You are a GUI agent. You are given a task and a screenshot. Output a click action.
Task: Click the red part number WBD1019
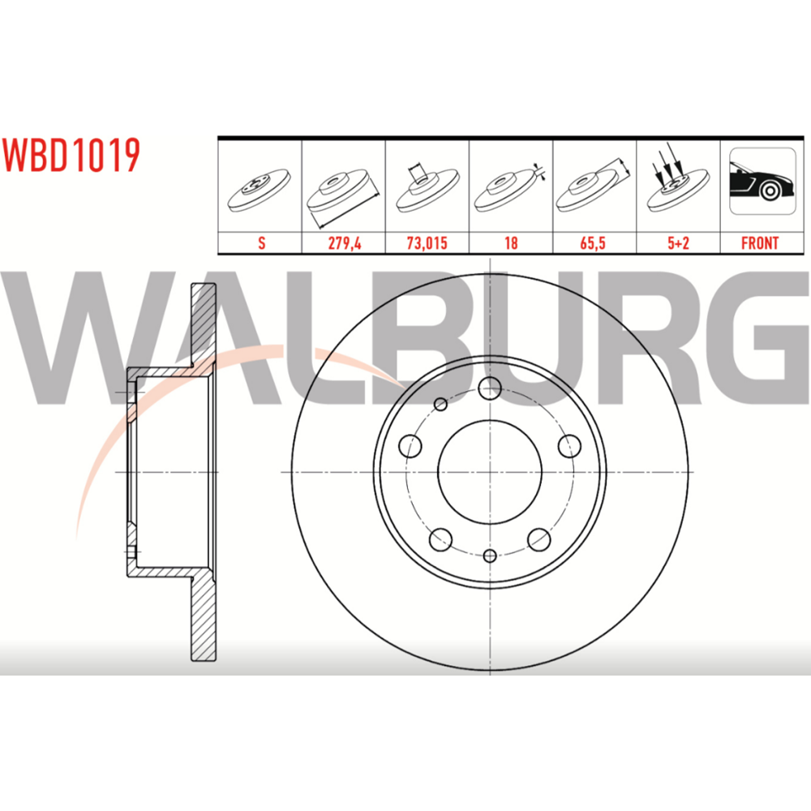point(71,155)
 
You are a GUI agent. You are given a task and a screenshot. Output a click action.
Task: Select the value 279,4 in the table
point(345,243)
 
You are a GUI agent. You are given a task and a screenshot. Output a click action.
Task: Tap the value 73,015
point(427,243)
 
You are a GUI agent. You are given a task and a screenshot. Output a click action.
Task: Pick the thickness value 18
point(511,243)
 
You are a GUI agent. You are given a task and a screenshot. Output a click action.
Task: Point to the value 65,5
point(593,243)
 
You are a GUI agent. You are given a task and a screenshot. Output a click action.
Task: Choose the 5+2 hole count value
point(678,243)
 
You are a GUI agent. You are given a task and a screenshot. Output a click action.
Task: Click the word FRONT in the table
point(760,243)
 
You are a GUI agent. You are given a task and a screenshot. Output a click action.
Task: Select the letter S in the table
point(262,243)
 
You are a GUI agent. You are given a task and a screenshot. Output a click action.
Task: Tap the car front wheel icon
point(762,181)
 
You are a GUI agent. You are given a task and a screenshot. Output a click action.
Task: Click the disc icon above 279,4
point(343,197)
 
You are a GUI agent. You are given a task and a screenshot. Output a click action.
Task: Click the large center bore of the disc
point(490,472)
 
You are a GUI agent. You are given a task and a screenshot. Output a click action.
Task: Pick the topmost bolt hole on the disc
point(490,388)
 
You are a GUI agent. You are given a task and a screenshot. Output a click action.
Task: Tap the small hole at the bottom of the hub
point(490,556)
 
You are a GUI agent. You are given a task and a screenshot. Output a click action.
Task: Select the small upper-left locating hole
point(440,404)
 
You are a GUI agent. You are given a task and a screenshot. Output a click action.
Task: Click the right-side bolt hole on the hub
point(569,446)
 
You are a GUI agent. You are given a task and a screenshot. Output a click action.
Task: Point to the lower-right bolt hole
point(539,539)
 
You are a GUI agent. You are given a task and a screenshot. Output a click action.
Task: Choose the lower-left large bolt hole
point(440,539)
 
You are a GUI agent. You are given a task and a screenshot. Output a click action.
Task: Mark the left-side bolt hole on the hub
point(410,446)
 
